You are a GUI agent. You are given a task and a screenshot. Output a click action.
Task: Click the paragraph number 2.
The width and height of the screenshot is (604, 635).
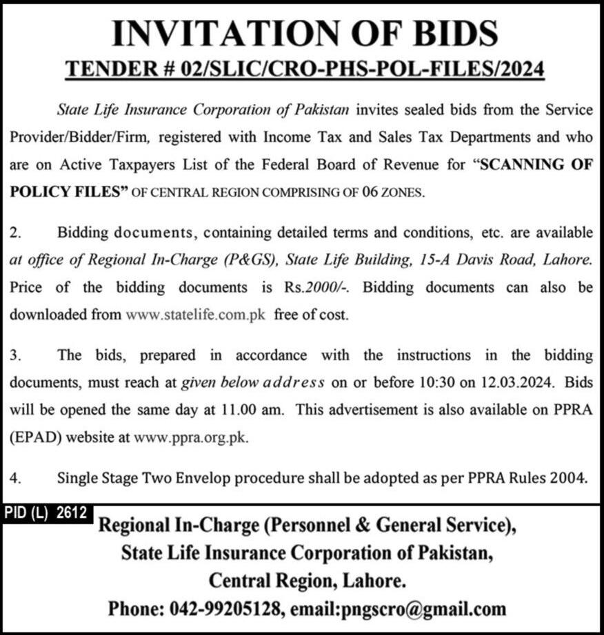(14, 233)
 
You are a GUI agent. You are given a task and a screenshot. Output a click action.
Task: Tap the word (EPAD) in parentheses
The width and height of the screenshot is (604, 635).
(34, 437)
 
